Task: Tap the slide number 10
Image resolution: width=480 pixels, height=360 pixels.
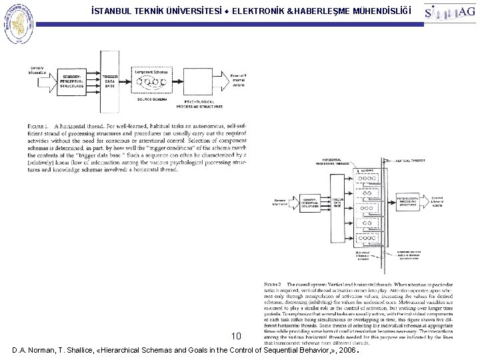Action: click(236, 336)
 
